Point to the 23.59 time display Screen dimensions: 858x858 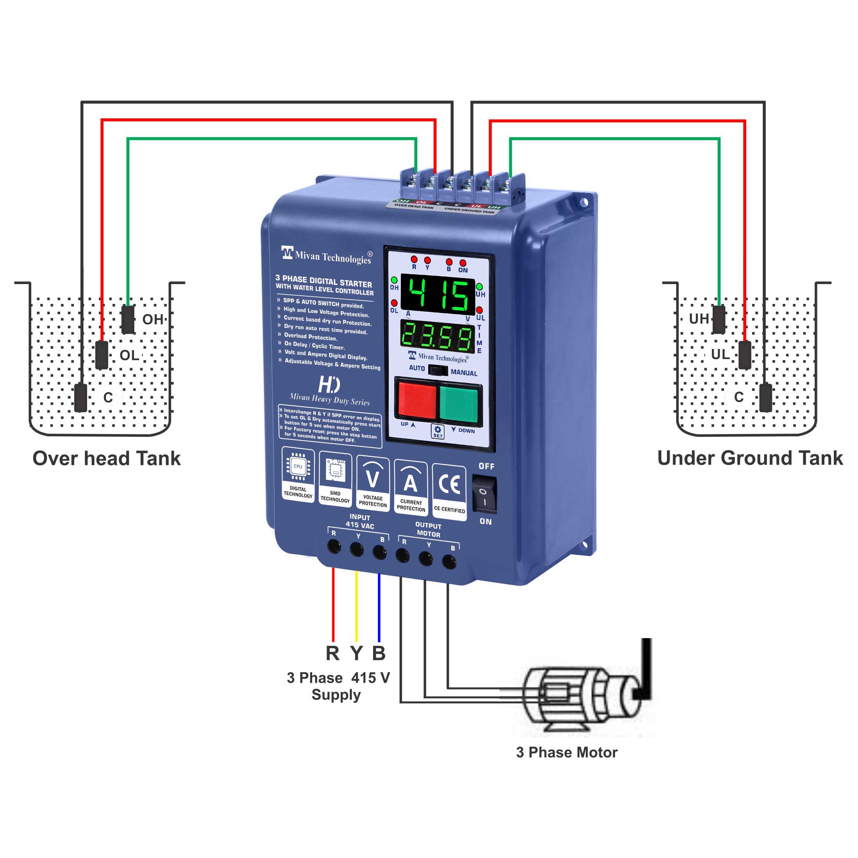(438, 336)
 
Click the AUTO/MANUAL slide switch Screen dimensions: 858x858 (438, 371)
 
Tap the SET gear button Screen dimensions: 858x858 (438, 431)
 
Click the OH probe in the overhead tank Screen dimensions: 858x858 (128, 319)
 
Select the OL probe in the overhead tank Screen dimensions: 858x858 (102, 355)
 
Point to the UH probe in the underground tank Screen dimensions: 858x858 (719, 319)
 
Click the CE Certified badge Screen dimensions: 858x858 (449, 490)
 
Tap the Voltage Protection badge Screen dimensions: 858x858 (373, 484)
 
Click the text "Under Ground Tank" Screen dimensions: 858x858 (750, 458)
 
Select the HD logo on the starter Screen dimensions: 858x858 (329, 385)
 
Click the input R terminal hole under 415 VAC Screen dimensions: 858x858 (334, 546)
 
